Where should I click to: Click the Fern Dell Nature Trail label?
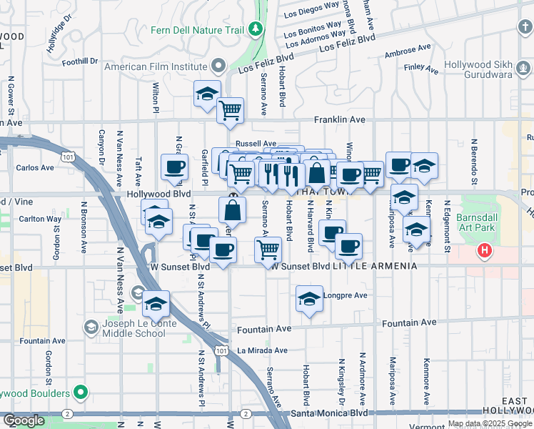[197, 31]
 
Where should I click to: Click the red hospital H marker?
[485, 251]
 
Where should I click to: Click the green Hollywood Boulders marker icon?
[81, 393]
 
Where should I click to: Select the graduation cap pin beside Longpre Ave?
[309, 299]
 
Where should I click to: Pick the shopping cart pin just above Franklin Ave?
[230, 110]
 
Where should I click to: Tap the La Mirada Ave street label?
[262, 350]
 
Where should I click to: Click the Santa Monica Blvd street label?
[328, 413]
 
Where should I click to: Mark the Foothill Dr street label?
[79, 61]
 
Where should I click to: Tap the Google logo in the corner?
[24, 420]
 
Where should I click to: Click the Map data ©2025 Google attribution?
[489, 423]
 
